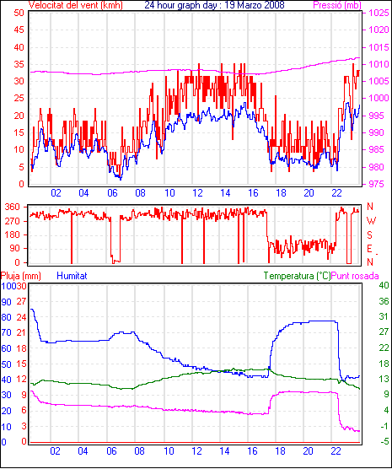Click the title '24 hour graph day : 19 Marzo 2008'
(214, 5)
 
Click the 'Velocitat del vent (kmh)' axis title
(76, 5)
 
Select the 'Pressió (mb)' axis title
(337, 5)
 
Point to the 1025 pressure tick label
(379, 13)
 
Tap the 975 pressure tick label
(379, 184)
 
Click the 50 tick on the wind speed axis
(19, 13)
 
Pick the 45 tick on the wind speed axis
(19, 30)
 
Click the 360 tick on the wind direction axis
(13, 207)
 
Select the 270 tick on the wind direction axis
(13, 221)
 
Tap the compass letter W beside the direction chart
(371, 221)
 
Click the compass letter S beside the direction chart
(370, 235)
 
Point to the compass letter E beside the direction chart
(370, 249)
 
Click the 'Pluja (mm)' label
(20, 276)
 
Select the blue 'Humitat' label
(72, 276)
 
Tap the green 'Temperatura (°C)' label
(297, 276)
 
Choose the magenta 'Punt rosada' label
(355, 276)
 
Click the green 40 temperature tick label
(384, 285)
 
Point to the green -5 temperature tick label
(384, 441)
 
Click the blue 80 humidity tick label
(6, 317)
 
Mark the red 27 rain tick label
(21, 301)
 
